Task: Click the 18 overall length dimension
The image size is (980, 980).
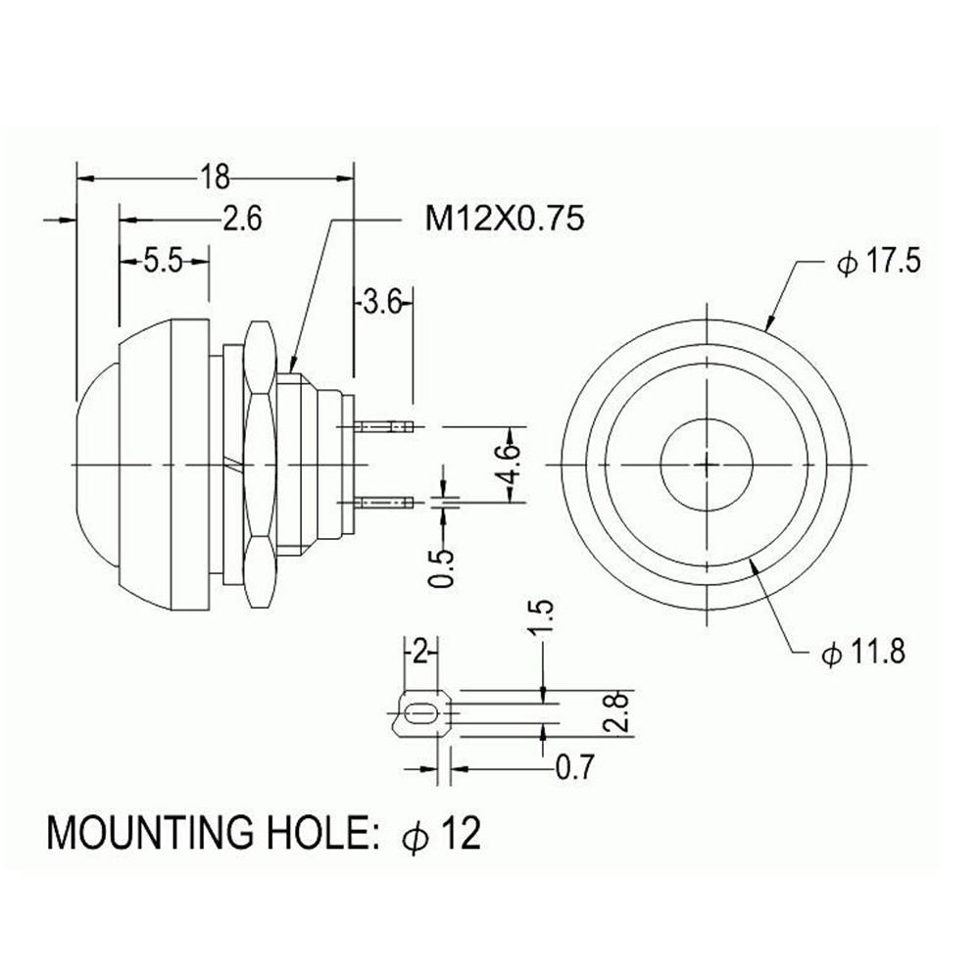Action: [x=215, y=176]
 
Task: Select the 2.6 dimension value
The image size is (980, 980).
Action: [x=241, y=220]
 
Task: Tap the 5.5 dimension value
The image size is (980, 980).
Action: [x=164, y=261]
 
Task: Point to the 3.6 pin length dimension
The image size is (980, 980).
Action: [x=380, y=301]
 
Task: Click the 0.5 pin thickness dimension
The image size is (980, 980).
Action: [x=442, y=565]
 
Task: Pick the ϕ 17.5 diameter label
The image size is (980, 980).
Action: [x=877, y=263]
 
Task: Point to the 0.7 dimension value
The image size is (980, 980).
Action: [x=575, y=767]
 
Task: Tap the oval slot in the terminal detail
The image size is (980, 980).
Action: [x=421, y=715]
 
